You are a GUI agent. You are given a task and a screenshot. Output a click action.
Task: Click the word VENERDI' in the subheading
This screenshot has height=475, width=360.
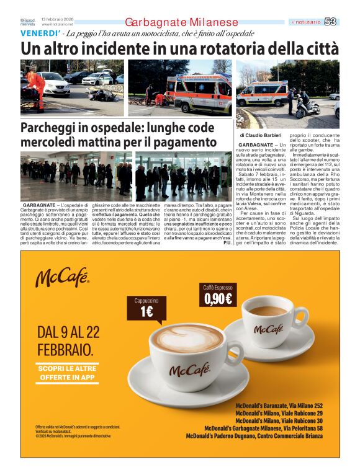click(40, 33)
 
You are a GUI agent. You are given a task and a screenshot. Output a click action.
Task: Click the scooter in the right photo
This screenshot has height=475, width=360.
click(308, 107)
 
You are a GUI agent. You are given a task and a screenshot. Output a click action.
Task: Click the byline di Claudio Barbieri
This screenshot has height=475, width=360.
click(261, 135)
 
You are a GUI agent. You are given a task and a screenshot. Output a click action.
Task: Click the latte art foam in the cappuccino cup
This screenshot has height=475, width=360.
click(187, 339)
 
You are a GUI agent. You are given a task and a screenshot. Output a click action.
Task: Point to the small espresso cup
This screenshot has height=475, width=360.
click(268, 321)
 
